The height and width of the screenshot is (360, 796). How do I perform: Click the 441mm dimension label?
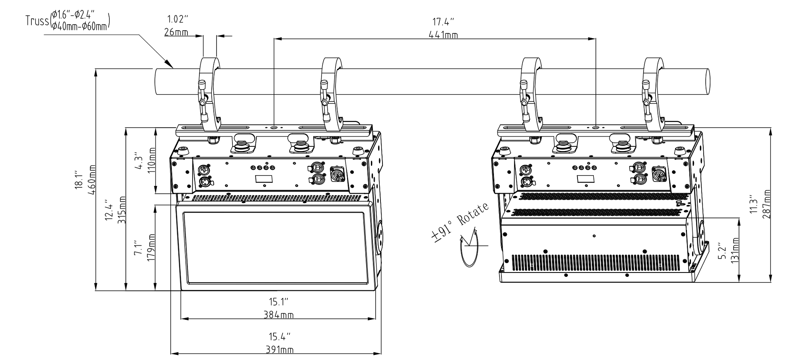point(443,35)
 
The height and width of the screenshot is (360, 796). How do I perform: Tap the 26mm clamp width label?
point(176,32)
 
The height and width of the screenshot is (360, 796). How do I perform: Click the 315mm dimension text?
point(122,210)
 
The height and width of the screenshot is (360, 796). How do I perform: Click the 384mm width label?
point(279,315)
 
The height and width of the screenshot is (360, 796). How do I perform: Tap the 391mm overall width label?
point(279,350)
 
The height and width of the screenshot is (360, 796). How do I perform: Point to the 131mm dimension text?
point(735,250)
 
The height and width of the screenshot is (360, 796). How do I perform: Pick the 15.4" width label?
point(279,337)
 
